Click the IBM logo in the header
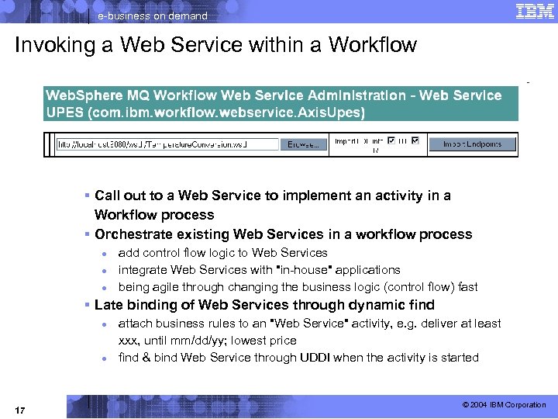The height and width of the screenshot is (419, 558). click(535, 11)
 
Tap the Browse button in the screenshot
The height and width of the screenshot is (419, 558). click(303, 144)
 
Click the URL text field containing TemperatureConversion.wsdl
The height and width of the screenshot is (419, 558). click(167, 144)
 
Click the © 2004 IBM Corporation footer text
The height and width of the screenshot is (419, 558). click(504, 405)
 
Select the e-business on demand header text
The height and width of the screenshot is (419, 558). click(153, 16)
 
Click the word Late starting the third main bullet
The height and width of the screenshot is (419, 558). click(108, 305)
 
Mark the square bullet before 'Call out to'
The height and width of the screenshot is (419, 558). click(89, 196)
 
